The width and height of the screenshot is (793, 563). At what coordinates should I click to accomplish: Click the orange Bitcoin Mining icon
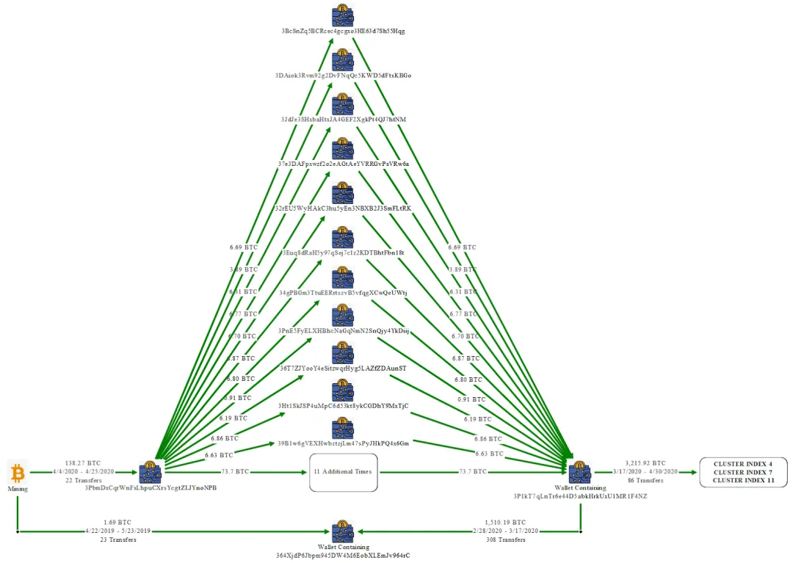[17, 472]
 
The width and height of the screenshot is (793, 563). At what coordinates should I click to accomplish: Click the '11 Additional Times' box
[343, 472]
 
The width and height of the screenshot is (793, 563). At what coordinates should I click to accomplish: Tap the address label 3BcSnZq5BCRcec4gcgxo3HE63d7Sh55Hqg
[343, 31]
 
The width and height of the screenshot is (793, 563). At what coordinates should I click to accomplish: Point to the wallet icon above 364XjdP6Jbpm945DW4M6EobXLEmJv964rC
[343, 531]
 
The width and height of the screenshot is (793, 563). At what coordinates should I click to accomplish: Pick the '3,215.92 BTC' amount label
[645, 463]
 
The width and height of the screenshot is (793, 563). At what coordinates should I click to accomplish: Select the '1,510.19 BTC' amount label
[507, 522]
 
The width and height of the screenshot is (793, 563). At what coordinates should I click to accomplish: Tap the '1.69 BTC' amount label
[118, 522]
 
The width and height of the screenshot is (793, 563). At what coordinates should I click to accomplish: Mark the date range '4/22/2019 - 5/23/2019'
[118, 531]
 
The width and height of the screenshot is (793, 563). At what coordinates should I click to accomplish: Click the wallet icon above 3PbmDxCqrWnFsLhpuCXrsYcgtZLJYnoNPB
[150, 472]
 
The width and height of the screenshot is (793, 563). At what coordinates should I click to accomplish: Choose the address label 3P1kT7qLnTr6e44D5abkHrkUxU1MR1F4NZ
[580, 496]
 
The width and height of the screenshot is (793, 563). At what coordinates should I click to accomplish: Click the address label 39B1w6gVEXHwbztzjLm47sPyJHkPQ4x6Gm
[343, 443]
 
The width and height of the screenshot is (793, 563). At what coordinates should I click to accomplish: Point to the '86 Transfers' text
[645, 481]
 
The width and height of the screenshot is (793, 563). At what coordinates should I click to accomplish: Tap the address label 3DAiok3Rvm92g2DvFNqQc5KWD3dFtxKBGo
[343, 75]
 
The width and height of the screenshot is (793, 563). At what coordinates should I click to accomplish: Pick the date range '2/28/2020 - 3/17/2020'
[507, 531]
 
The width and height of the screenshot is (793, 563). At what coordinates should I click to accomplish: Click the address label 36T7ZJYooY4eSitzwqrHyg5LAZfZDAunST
[343, 368]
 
